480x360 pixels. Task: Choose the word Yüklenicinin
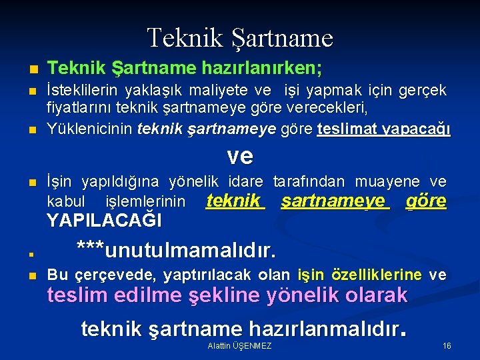[x=89, y=129]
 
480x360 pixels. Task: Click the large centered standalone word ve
[x=240, y=156]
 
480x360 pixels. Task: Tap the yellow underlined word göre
[x=425, y=201]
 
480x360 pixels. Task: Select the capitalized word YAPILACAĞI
[x=104, y=220]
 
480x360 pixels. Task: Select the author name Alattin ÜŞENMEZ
[x=239, y=346]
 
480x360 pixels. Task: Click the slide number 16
[x=446, y=346]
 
